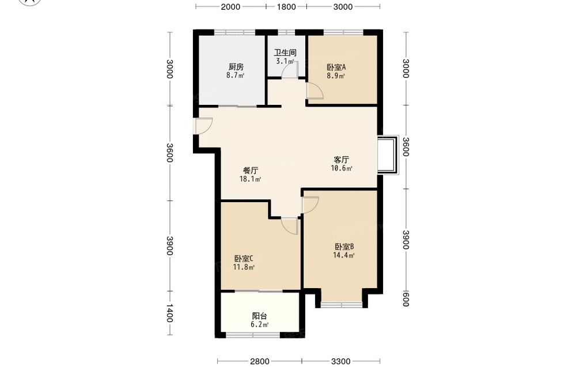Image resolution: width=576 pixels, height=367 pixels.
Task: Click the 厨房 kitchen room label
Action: click(236, 67)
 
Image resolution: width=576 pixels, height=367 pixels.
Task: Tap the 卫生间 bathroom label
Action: click(285, 52)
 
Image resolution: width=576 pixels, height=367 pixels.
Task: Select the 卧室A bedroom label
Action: click(336, 67)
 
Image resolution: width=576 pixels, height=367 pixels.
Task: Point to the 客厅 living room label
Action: click(341, 160)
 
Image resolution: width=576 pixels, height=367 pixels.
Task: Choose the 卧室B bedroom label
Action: click(344, 247)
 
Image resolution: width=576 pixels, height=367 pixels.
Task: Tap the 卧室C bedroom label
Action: click(244, 259)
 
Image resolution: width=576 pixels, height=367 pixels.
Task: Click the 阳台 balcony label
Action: click(259, 316)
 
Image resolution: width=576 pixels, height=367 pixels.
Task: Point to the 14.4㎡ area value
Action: click(343, 255)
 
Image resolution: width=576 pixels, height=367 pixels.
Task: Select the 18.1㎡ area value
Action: click(250, 179)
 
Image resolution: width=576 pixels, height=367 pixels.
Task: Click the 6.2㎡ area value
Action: click(259, 325)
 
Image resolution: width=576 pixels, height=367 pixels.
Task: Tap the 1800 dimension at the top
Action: click(286, 6)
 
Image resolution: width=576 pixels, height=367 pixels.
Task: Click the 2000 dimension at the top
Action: click(231, 6)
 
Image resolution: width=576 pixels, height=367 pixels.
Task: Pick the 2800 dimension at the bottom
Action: click(260, 361)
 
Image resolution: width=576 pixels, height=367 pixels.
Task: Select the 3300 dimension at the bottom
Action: click(340, 361)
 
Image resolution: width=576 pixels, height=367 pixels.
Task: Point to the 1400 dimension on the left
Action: click(169, 313)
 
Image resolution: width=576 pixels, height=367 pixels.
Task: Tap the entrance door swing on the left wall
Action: click(203, 126)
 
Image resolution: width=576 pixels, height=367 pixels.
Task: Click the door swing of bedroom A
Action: click(315, 90)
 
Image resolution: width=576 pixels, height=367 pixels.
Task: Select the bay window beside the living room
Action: click(389, 154)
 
